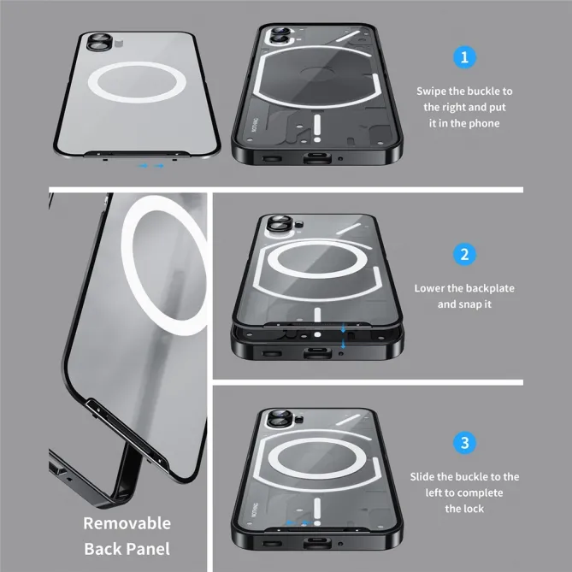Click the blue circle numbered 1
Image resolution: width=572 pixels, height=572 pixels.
(x=464, y=58)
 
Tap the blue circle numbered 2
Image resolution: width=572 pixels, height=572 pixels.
(x=464, y=254)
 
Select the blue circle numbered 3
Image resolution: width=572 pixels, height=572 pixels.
(x=464, y=443)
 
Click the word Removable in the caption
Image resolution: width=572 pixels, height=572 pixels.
(x=127, y=522)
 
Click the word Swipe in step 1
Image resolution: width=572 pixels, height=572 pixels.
(x=433, y=91)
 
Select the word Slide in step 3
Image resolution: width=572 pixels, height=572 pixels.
(x=426, y=476)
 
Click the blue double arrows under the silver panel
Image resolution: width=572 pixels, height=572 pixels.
(x=151, y=166)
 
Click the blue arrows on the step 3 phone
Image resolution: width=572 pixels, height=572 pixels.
(x=298, y=522)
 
